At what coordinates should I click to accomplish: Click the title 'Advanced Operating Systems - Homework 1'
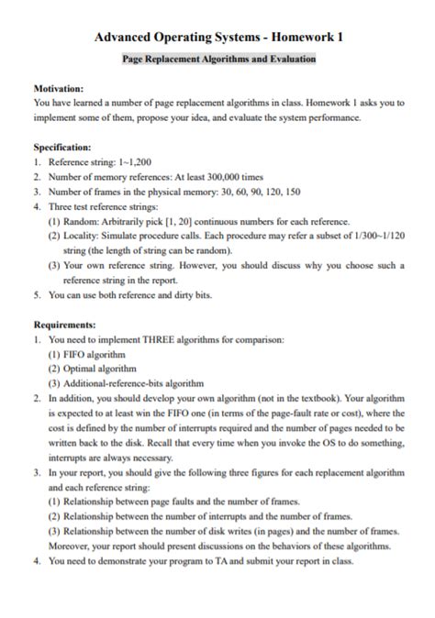218,37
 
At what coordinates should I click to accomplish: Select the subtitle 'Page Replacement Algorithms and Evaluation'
218,59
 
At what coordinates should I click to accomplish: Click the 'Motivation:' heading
59,90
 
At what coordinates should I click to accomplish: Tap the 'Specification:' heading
61,147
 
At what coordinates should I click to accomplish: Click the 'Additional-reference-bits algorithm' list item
133,383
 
